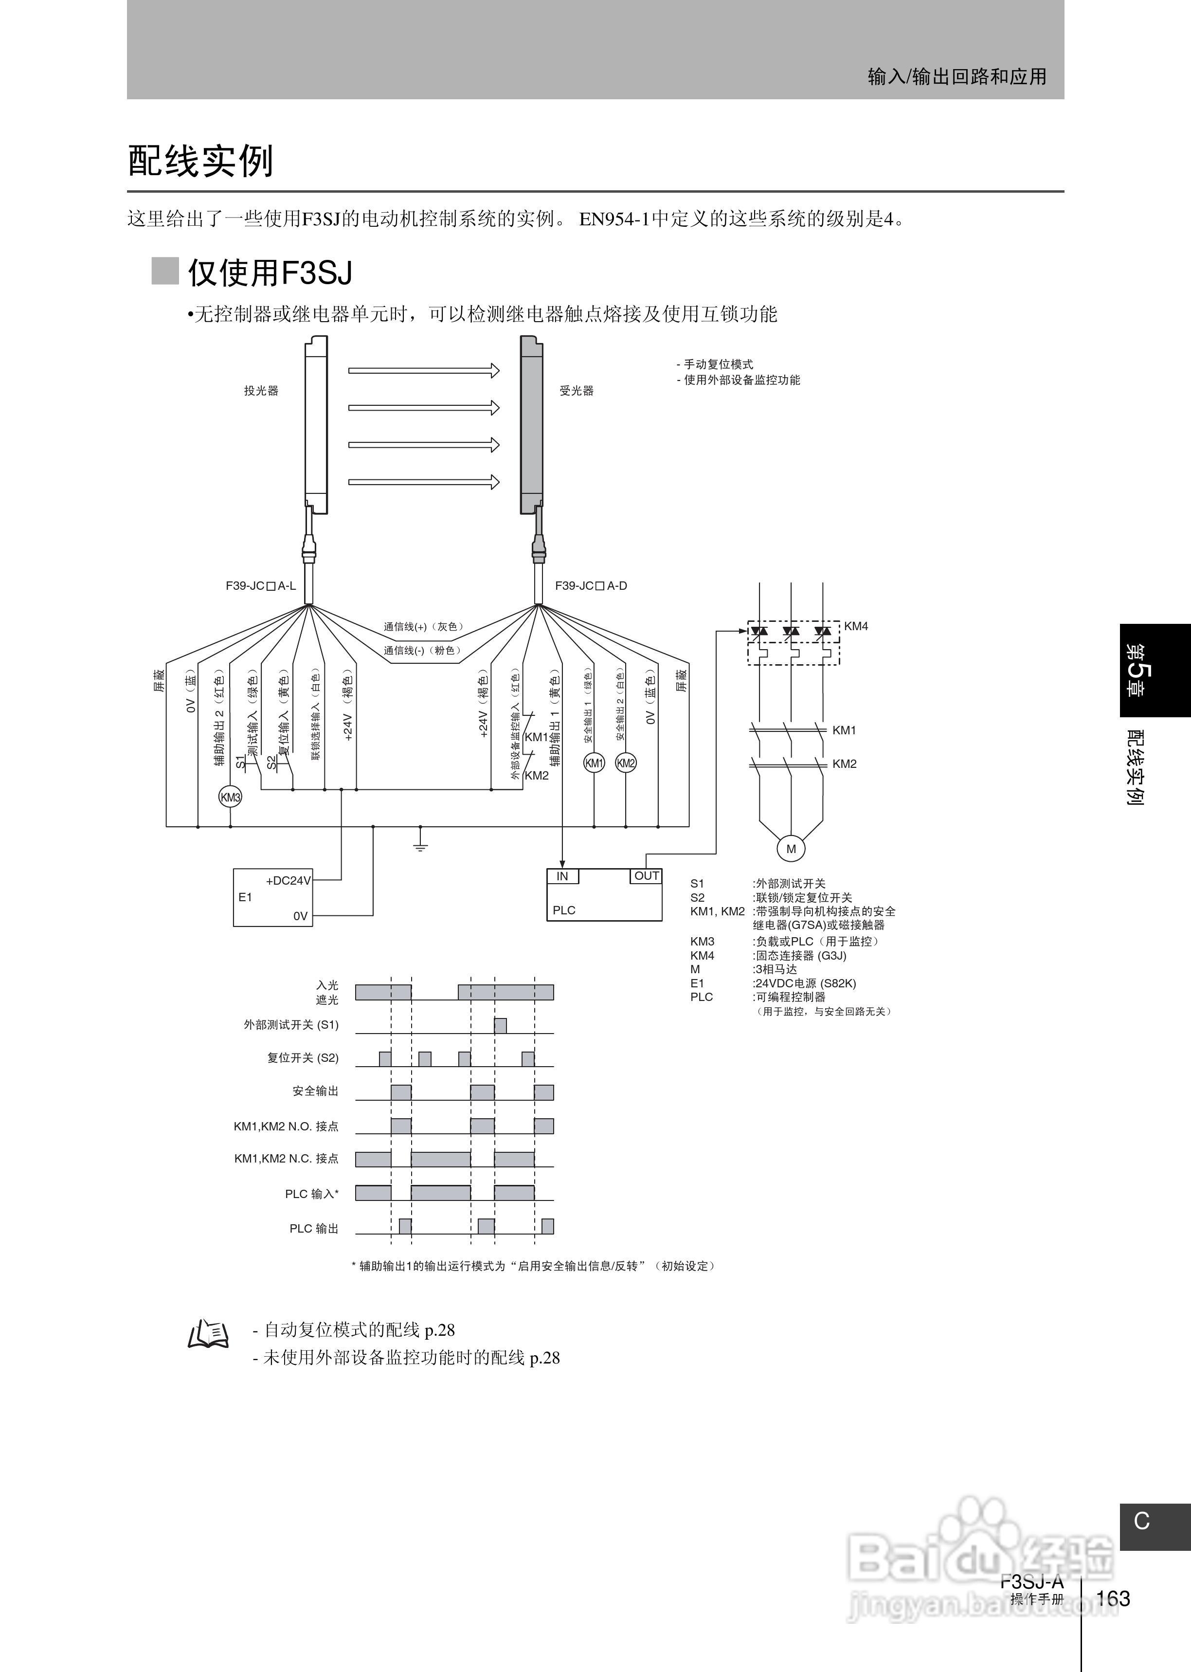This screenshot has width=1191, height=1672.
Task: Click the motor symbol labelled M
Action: tap(791, 849)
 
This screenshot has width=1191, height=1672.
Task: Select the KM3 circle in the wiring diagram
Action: tap(230, 797)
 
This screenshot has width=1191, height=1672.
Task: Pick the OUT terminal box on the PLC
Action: tap(646, 875)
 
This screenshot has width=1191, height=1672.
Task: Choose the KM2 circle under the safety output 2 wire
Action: tap(626, 763)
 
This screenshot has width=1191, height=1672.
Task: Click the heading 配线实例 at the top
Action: tap(201, 161)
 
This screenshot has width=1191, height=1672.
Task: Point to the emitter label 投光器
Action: tap(261, 391)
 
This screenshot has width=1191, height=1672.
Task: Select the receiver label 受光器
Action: tap(577, 391)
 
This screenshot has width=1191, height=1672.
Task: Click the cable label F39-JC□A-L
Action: tap(260, 586)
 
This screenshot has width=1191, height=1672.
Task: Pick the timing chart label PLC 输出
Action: tap(314, 1228)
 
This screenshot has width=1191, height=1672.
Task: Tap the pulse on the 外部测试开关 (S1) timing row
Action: tap(500, 1025)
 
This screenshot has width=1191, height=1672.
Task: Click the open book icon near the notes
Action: tap(208, 1334)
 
